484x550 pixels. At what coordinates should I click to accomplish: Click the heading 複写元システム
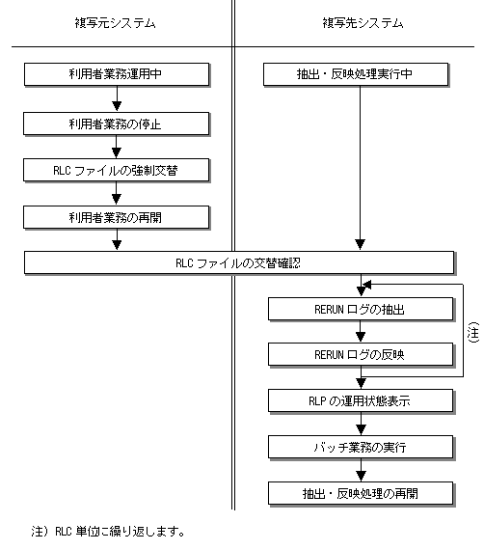115,23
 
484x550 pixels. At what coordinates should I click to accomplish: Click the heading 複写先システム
363,23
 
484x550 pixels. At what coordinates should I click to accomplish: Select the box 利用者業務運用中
117,74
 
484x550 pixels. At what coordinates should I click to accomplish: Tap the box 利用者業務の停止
117,124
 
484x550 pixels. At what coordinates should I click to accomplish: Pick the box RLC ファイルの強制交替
117,171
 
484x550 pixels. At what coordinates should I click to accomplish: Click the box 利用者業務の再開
117,218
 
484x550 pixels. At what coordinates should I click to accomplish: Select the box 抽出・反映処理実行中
356,74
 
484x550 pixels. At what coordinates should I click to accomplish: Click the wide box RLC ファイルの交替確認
239,262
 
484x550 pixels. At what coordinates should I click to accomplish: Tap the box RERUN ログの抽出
361,310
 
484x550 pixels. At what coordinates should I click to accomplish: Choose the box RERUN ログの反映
361,355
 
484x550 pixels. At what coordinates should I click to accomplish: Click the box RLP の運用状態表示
361,400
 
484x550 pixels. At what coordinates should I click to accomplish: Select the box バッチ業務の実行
361,447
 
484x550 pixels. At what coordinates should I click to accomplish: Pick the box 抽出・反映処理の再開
361,493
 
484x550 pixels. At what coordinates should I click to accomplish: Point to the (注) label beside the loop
473,332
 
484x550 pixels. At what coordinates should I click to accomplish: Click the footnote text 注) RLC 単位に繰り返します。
108,532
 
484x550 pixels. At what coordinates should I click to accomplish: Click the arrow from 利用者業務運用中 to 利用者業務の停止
117,98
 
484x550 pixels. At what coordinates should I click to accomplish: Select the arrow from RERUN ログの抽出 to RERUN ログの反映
361,332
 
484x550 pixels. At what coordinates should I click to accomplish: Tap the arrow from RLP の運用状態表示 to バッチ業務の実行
361,424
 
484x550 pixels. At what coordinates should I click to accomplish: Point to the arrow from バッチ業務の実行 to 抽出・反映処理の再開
361,470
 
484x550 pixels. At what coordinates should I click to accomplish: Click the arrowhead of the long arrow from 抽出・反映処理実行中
360,244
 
